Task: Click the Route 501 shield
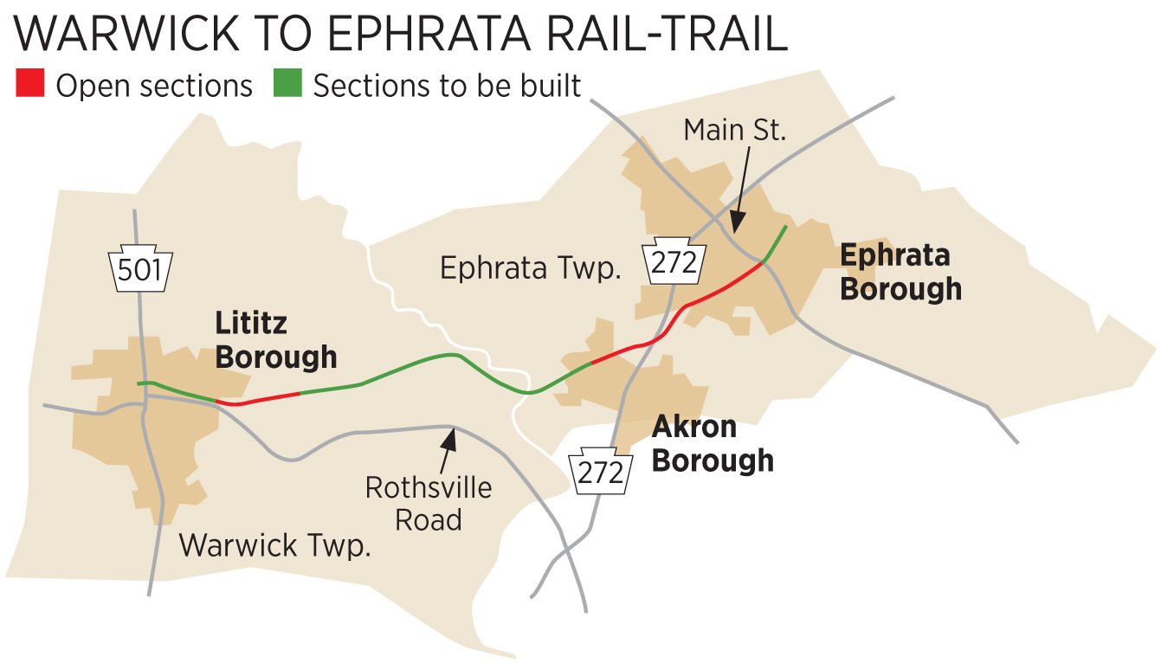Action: click(139, 270)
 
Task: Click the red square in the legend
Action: click(29, 86)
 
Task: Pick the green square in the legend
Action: click(287, 86)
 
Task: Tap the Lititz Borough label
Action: click(274, 341)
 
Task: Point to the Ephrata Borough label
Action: click(900, 272)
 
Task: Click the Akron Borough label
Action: click(712, 443)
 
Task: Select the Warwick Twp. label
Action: click(274, 546)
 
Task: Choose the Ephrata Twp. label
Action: click(530, 268)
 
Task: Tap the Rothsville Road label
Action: click(428, 503)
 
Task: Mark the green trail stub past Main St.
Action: click(776, 242)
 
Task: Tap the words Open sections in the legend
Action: click(154, 87)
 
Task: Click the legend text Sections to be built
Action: click(447, 87)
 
